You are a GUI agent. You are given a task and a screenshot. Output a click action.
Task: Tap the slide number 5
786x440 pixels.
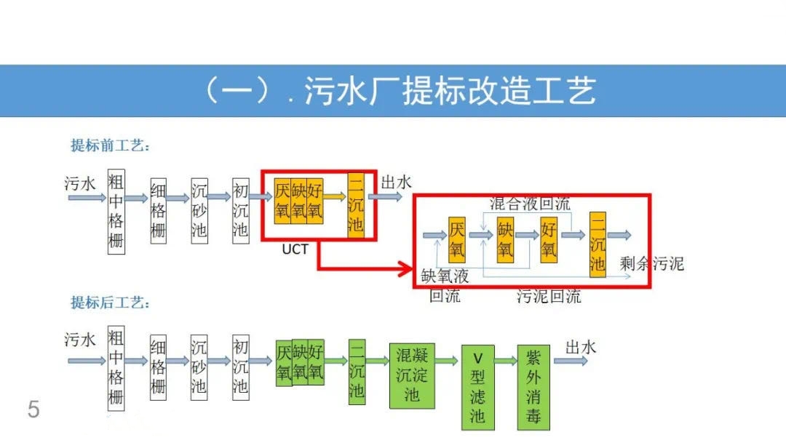(x=33, y=409)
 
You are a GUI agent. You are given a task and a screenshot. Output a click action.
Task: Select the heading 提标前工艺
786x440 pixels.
(x=110, y=145)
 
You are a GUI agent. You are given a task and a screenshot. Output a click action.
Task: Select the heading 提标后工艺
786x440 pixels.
(x=110, y=303)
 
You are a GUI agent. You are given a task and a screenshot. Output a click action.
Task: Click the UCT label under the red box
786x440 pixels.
(x=295, y=250)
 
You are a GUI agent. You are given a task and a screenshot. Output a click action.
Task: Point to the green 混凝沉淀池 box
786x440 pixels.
(x=412, y=375)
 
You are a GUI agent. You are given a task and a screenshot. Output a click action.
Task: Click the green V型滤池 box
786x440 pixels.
(x=477, y=388)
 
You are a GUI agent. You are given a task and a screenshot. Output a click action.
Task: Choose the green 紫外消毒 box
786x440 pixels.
(x=533, y=388)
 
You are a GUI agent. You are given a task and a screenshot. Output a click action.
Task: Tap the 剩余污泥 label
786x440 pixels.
(x=652, y=263)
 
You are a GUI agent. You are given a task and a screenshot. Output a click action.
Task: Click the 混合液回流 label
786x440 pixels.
(x=530, y=203)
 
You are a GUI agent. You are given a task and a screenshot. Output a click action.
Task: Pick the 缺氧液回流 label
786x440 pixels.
(x=445, y=286)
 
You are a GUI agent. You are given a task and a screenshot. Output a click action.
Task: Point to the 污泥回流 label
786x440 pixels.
(x=549, y=296)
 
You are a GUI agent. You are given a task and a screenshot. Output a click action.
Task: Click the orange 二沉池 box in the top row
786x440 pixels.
(x=356, y=204)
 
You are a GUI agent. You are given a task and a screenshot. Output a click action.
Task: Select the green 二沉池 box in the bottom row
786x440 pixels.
(x=357, y=371)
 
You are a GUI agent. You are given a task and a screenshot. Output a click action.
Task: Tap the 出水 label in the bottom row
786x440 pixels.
(x=581, y=348)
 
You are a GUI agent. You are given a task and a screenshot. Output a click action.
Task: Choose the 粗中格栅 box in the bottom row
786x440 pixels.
(x=116, y=368)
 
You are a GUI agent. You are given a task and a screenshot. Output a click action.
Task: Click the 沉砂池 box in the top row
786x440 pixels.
(x=199, y=211)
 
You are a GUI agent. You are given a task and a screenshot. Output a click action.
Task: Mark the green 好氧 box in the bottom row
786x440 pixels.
(x=315, y=362)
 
